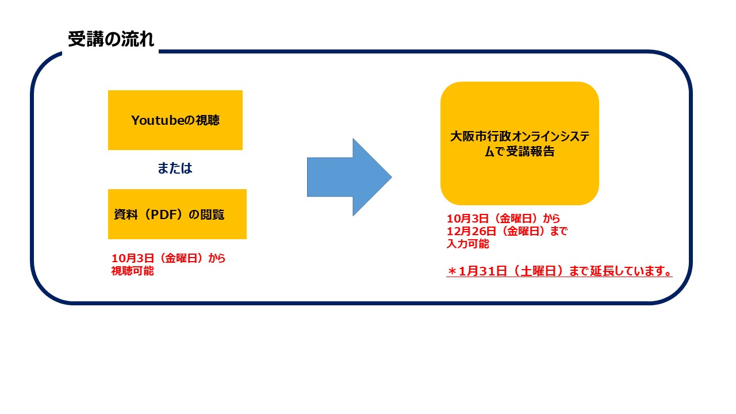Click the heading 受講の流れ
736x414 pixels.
coord(111,40)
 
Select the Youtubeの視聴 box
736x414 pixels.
coord(175,120)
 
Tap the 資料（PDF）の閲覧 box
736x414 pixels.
coord(177,214)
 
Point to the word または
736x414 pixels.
coord(175,168)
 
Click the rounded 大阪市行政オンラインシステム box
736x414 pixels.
coord(519,143)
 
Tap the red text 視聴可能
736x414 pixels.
coord(132,271)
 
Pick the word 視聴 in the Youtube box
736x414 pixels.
coord(208,121)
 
